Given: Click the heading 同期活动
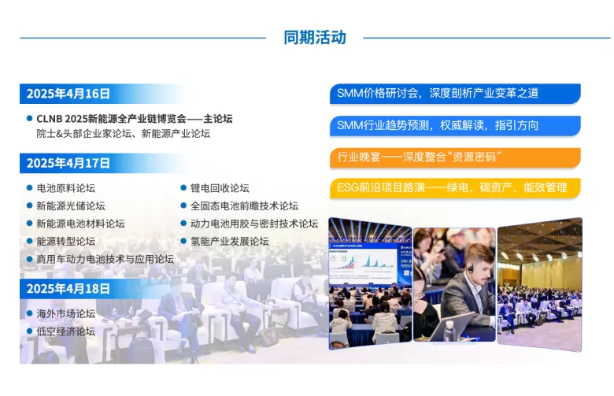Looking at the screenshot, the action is click(x=315, y=38).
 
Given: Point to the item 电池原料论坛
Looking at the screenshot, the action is click(x=66, y=188).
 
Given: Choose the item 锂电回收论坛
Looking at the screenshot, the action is click(x=220, y=188).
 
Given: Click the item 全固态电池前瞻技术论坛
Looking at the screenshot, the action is click(x=244, y=205).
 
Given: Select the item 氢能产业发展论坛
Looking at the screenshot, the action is click(x=230, y=241).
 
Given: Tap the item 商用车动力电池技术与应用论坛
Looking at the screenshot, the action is click(x=105, y=259).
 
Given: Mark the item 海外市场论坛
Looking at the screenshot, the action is click(x=66, y=313).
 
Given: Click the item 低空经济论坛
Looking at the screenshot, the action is click(x=66, y=331).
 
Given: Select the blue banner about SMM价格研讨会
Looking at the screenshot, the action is click(x=455, y=94).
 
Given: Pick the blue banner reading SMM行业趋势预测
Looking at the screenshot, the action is click(x=455, y=126).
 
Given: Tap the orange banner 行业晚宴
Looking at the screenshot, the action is click(x=455, y=157).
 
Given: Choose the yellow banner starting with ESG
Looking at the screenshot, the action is click(x=455, y=188).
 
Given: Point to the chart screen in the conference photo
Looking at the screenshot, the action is click(x=363, y=261).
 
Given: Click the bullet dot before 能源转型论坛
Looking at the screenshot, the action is click(x=29, y=241).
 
